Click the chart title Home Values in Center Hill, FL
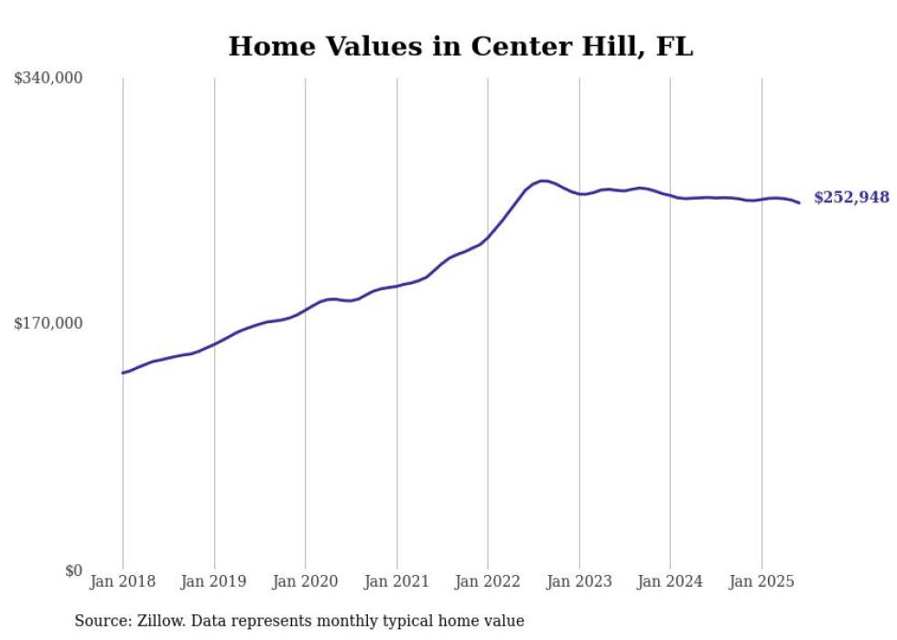pyautogui.click(x=460, y=46)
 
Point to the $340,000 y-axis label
pyautogui.click(x=49, y=79)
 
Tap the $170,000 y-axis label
pyautogui.click(x=49, y=323)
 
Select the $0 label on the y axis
pyautogui.click(x=73, y=570)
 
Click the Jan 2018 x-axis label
pyautogui.click(x=123, y=581)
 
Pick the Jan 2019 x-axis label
pyautogui.click(x=214, y=581)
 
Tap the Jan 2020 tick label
pyautogui.click(x=306, y=581)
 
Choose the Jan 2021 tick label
pyautogui.click(x=396, y=581)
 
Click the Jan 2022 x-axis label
pyautogui.click(x=488, y=581)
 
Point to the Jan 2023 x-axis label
pyautogui.click(x=579, y=581)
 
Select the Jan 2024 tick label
pyautogui.click(x=670, y=581)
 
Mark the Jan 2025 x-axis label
pyautogui.click(x=762, y=581)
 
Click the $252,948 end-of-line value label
pyautogui.click(x=851, y=198)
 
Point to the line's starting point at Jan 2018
pyautogui.click(x=123, y=373)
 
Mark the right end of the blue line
pyautogui.click(x=799, y=202)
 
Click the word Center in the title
pyautogui.click(x=516, y=46)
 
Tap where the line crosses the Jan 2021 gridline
pyautogui.click(x=396, y=286)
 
